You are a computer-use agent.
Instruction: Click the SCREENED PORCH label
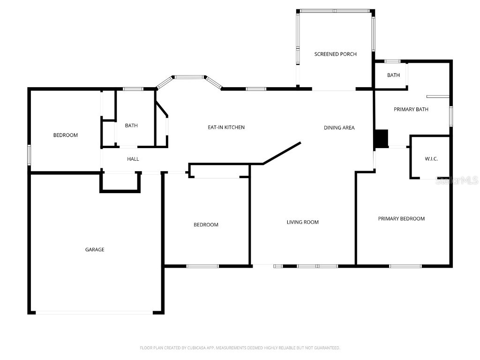[335, 54]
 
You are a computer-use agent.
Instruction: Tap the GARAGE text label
[95, 250]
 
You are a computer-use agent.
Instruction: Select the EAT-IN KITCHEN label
[226, 127]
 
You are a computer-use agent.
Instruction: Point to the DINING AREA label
[339, 128]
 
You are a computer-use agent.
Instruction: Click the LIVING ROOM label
[303, 222]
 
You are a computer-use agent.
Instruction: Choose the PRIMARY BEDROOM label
[401, 219]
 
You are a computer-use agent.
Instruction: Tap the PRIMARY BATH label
[411, 110]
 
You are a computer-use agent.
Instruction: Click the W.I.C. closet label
[431, 159]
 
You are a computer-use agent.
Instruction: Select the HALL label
[133, 159]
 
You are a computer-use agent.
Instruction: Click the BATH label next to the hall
[131, 126]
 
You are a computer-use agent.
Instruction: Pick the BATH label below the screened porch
[393, 75]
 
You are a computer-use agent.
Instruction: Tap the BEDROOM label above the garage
[66, 135]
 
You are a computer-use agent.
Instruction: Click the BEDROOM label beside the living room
[206, 225]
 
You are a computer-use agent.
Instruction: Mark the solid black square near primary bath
[381, 138]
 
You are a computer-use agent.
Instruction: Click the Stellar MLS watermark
[457, 180]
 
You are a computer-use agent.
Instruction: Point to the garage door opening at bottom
[95, 313]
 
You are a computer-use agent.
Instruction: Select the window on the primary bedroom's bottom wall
[405, 266]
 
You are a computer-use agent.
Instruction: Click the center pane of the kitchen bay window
[189, 76]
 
